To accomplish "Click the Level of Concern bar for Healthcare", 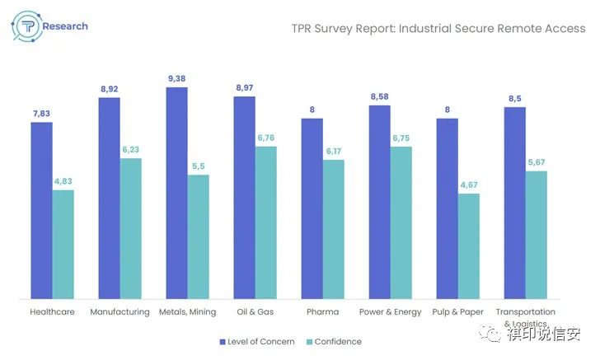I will point(41,210).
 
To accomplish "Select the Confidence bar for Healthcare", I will point(63,244).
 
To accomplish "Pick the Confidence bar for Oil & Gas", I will point(266,222).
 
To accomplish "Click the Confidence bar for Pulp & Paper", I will point(469,245).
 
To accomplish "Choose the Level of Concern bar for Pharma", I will point(312,208).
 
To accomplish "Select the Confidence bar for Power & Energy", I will point(401,222).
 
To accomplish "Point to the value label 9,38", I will point(176,78).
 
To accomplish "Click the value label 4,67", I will point(469,185).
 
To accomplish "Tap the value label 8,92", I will point(109,89).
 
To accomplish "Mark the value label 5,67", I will point(537,162).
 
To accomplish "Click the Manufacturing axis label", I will point(120,312).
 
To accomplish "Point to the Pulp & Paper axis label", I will point(458,312).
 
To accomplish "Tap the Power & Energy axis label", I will point(391,312).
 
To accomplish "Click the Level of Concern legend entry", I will point(256,341).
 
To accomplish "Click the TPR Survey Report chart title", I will point(439,28).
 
